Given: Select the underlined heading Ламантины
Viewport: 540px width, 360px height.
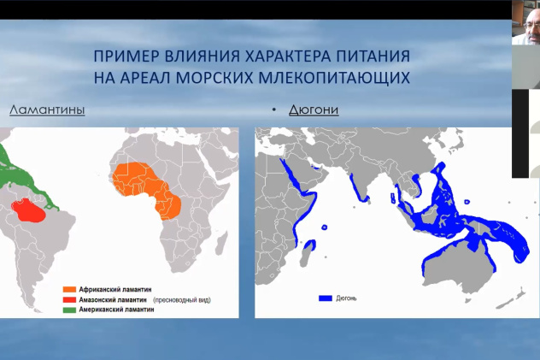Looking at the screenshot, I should [47, 109].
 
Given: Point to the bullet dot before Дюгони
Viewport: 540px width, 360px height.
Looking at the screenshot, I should [274, 110].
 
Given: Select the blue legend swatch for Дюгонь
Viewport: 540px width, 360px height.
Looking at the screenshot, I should [325, 298].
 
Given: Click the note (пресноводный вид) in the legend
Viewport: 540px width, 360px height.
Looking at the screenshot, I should [182, 300].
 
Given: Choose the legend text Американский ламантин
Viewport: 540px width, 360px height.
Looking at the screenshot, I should [118, 310].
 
